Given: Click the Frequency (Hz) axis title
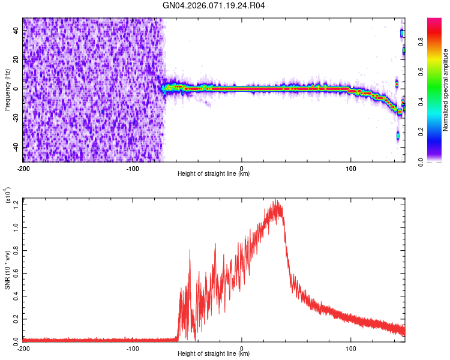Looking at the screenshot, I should [x=7, y=89].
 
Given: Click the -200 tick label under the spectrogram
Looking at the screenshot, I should [x=23, y=168].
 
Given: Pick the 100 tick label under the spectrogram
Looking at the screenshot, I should [x=351, y=168].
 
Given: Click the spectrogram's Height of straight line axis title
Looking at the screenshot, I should [x=214, y=174].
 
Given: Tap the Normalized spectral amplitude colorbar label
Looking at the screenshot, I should [x=446, y=90].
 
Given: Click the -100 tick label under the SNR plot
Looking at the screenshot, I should [x=133, y=348].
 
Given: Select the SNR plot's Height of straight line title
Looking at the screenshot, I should [x=214, y=354].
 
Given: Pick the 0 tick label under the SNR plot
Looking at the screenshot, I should [x=242, y=348].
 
